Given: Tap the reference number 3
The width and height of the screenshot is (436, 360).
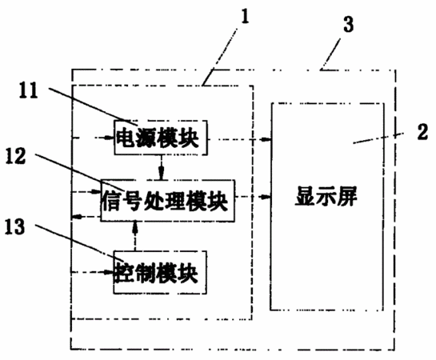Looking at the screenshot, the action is [348, 24].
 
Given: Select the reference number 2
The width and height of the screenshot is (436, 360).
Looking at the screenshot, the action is [422, 132].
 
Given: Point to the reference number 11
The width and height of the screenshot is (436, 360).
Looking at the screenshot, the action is [28, 90].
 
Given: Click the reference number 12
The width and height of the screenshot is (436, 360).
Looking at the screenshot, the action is [16, 156].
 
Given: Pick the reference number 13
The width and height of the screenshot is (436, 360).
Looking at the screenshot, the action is [14, 226].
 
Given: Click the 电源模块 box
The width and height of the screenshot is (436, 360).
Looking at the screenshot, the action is [161, 138].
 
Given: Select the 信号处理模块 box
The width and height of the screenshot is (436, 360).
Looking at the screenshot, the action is [167, 201].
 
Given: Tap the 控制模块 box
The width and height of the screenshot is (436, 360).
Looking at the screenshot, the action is [160, 272].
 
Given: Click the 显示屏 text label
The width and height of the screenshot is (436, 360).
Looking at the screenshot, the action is [326, 196].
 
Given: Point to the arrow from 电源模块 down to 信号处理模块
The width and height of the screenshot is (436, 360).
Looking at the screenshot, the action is [162, 167].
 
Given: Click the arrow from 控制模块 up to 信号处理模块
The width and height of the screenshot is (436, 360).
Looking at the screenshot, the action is [135, 236].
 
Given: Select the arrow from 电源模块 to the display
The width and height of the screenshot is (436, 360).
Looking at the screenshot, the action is [239, 139].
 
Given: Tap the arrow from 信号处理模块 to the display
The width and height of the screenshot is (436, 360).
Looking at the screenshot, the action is [253, 197].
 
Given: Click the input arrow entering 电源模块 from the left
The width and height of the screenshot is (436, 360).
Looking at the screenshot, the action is [93, 138].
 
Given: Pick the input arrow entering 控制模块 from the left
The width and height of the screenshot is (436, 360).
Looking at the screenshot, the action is [93, 272].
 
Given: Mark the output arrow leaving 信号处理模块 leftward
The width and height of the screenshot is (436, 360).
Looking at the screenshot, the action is [86, 216].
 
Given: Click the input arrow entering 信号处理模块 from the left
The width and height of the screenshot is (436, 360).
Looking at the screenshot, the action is [86, 191].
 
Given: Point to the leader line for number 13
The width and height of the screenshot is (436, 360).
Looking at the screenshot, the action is [79, 242].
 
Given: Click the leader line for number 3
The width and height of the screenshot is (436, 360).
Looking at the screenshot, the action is [330, 54].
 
